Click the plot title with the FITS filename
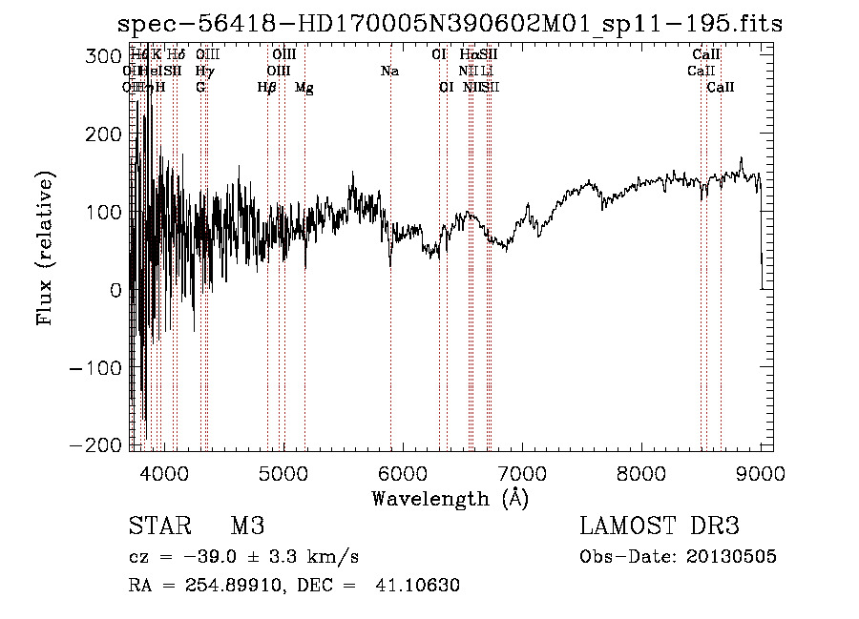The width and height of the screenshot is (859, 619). [449, 24]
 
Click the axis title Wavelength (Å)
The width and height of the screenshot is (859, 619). [450, 498]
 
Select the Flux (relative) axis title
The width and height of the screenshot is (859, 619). [45, 248]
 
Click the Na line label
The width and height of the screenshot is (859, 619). [389, 72]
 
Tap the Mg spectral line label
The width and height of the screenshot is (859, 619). [304, 88]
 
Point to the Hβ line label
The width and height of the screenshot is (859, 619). [267, 88]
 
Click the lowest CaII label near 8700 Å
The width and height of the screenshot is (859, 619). [721, 88]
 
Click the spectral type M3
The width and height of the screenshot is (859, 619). [247, 526]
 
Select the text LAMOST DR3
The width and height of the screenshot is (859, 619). [659, 526]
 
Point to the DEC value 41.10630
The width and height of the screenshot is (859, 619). [416, 586]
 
